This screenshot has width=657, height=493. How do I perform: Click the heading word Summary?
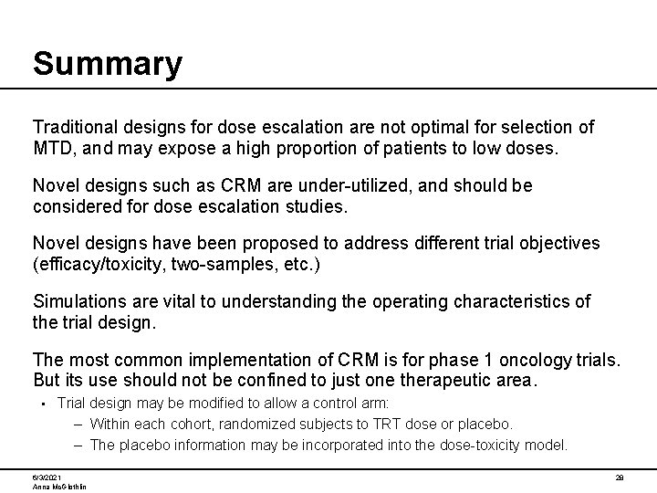108,64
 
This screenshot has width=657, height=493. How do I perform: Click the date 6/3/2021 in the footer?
48,477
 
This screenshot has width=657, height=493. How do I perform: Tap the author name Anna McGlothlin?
59,488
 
